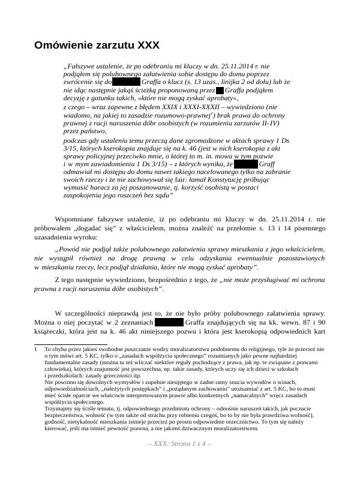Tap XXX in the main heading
[149, 45]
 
